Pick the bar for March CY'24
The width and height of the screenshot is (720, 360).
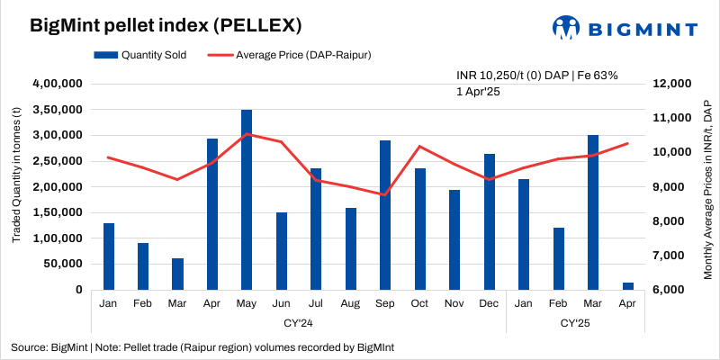[x=177, y=274]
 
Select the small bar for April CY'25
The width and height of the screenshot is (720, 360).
[x=628, y=286]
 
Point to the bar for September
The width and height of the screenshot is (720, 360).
[x=385, y=215]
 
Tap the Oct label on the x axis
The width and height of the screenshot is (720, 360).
[x=419, y=304]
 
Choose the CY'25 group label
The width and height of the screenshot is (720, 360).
[x=576, y=322]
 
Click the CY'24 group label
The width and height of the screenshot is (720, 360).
[x=298, y=322]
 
